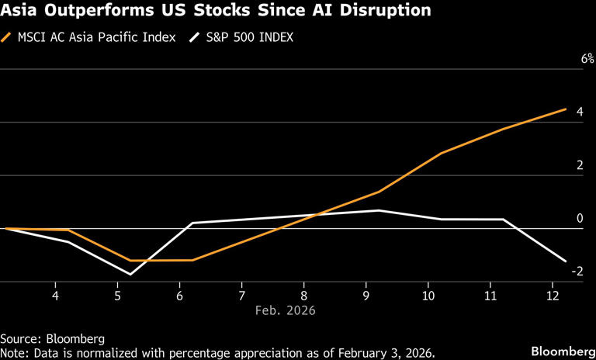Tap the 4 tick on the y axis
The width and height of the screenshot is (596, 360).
click(579, 112)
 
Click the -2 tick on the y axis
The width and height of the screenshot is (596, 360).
click(577, 272)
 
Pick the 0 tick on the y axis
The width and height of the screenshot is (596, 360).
click(579, 219)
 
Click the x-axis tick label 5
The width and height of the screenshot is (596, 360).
click(117, 296)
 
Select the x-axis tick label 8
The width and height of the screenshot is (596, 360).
click(303, 296)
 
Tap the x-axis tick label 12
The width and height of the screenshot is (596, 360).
click(552, 296)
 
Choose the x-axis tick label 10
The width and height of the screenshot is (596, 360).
click(428, 296)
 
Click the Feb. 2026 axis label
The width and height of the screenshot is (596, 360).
click(286, 310)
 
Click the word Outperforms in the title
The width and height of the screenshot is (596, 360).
click(94, 11)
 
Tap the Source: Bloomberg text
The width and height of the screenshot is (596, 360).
click(52, 338)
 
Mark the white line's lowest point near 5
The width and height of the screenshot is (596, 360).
click(130, 274)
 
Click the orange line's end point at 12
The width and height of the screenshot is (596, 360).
click(566, 109)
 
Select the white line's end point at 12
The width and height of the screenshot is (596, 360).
click(566, 261)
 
